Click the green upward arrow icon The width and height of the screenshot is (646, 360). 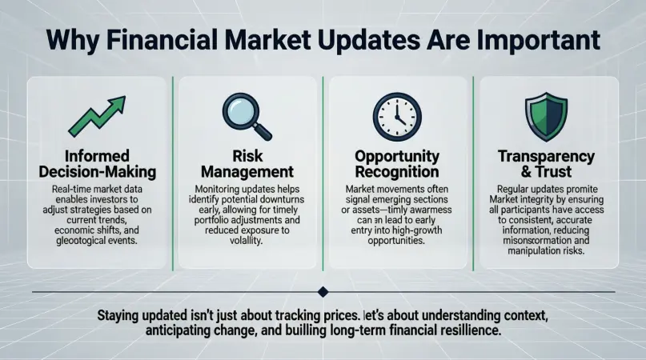click(x=95, y=115)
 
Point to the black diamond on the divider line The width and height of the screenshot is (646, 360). click(x=323, y=292)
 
